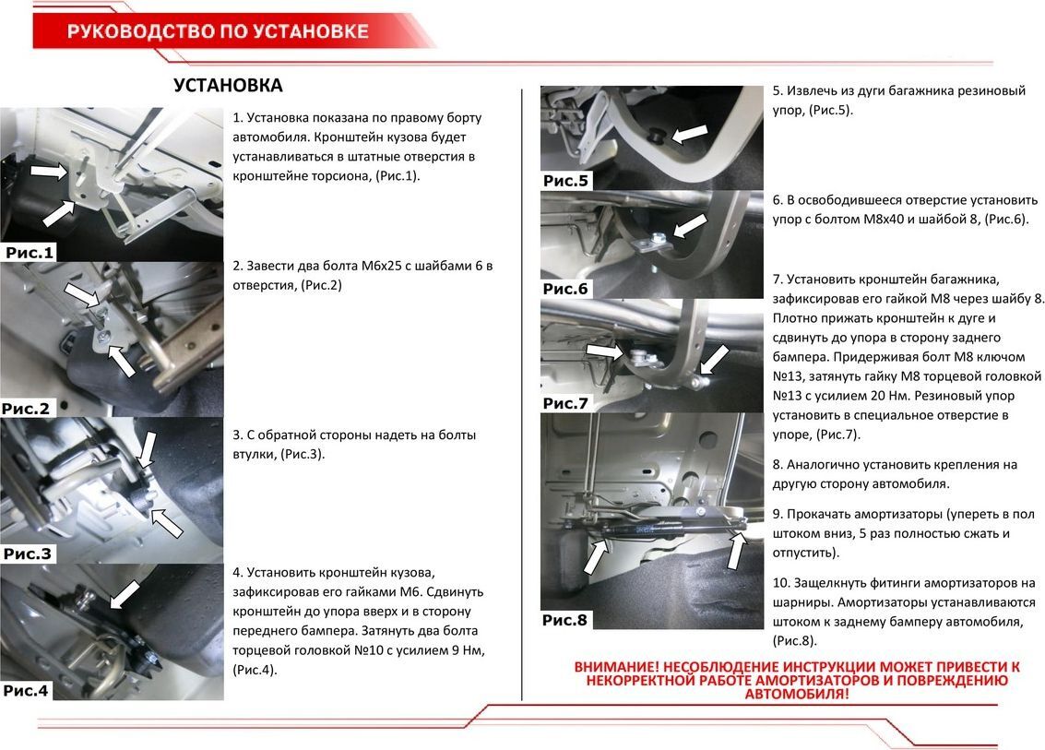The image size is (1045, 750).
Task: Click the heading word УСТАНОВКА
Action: [228, 86]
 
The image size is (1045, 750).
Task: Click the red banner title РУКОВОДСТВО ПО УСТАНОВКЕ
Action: [218, 32]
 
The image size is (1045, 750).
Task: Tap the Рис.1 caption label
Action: [30, 252]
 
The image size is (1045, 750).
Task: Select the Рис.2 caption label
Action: [25, 408]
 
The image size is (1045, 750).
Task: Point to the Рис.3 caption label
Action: [28, 554]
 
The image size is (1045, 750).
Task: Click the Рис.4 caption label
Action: [25, 690]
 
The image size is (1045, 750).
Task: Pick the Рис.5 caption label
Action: [565, 181]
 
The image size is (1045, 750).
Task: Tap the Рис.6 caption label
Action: [565, 289]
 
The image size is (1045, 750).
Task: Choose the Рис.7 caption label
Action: [565, 403]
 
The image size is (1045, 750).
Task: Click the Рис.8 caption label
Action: [565, 620]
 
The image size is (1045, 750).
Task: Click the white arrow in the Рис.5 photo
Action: [690, 134]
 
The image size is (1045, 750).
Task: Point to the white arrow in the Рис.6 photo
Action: [690, 225]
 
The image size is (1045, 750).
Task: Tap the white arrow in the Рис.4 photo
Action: [125, 594]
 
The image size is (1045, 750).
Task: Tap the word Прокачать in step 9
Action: [823, 514]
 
